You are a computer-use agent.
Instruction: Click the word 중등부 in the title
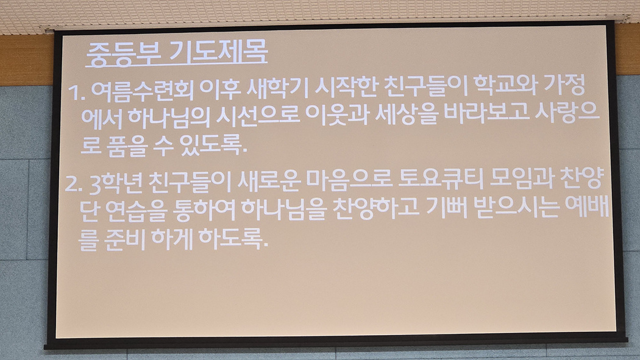pyautogui.click(x=124, y=54)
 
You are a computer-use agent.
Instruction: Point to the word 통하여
pyautogui.click(x=204, y=210)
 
